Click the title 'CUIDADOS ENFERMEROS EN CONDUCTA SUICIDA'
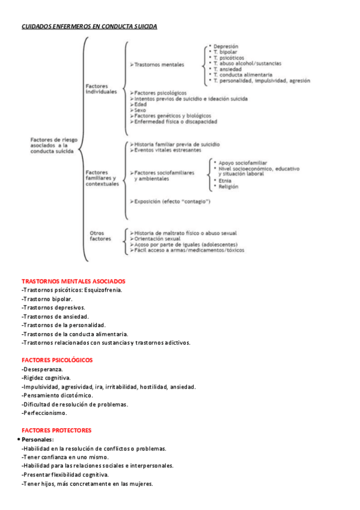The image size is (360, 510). [89, 26]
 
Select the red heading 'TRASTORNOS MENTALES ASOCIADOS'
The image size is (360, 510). [73, 281]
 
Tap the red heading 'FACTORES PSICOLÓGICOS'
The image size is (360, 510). [57, 360]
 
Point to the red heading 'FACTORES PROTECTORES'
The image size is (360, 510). [56, 430]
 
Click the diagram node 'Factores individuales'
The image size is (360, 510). [101, 89]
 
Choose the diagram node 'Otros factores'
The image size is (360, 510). [100, 235]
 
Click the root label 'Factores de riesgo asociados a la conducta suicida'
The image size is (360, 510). [53, 146]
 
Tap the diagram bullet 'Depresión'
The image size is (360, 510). [225, 46]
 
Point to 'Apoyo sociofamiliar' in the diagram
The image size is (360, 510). [243, 162]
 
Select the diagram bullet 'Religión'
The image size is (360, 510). [228, 186]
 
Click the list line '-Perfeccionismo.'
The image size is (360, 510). [44, 413]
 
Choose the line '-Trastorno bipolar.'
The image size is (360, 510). [47, 299]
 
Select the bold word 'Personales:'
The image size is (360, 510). [38, 440]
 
